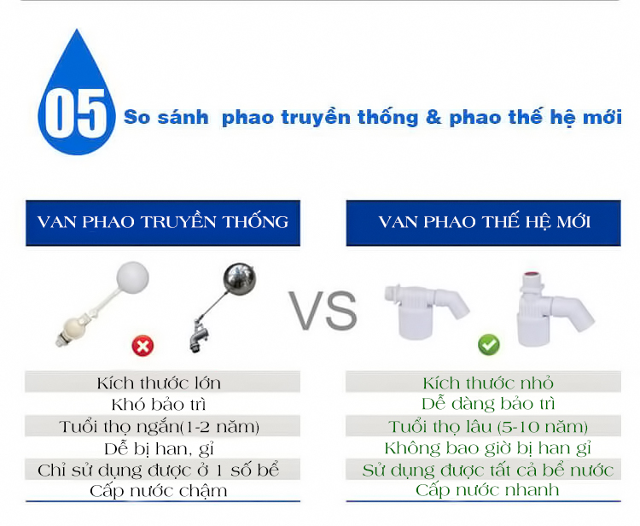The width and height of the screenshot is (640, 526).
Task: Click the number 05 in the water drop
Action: (75, 114)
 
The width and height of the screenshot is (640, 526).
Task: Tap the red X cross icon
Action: (143, 346)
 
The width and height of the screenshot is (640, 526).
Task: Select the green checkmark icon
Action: (489, 344)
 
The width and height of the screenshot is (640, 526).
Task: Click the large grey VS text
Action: (323, 310)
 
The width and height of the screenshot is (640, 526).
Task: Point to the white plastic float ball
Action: (132, 277)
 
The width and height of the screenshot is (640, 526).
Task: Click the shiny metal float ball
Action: (240, 278)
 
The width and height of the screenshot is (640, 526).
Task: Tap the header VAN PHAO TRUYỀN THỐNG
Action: (163, 223)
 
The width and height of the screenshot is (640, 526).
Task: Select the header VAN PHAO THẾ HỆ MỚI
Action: (484, 223)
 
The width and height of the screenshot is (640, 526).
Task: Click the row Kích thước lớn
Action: (159, 383)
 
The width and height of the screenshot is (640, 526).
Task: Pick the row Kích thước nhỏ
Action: (488, 383)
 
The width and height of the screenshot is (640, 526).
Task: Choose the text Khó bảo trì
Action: (159, 405)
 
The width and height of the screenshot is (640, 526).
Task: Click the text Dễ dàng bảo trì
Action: (488, 404)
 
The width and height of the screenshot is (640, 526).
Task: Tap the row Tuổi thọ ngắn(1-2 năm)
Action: (160, 427)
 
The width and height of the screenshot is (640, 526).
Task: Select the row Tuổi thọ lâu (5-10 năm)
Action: (488, 427)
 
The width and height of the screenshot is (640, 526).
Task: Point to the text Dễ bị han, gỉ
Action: (160, 449)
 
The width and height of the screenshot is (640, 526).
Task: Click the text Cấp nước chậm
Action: (159, 491)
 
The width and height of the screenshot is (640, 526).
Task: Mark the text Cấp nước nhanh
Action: (487, 490)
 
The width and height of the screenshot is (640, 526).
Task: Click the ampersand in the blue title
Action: (433, 117)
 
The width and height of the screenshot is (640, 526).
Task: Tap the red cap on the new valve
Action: (531, 275)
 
